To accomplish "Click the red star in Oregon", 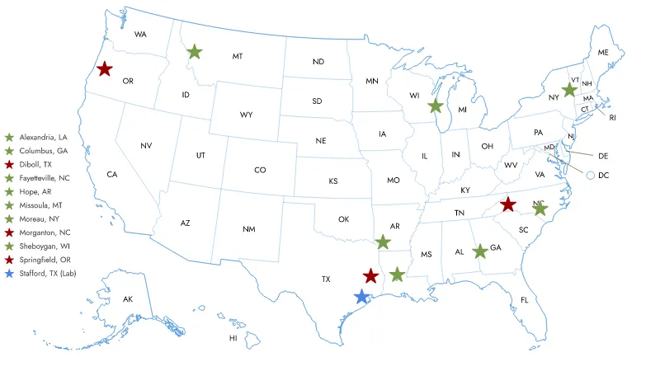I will (x=105, y=69).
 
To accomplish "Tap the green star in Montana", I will (x=194, y=52).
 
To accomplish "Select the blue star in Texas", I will (x=361, y=296).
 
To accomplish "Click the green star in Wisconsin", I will (x=435, y=106).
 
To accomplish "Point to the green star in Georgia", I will (x=479, y=251).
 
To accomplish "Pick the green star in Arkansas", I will (x=382, y=242).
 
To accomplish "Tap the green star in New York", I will (x=568, y=89).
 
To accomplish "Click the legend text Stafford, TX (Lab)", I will (x=47, y=273).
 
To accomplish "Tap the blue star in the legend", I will (x=9, y=273).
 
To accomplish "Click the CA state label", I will (x=112, y=175).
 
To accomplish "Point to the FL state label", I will (x=524, y=299).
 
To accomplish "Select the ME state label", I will (x=603, y=53).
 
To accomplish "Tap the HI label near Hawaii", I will (x=233, y=338).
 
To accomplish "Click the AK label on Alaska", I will (x=128, y=298).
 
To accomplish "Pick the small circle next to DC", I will (x=590, y=175).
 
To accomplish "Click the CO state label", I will (x=260, y=171).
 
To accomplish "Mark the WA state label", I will (x=140, y=35).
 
